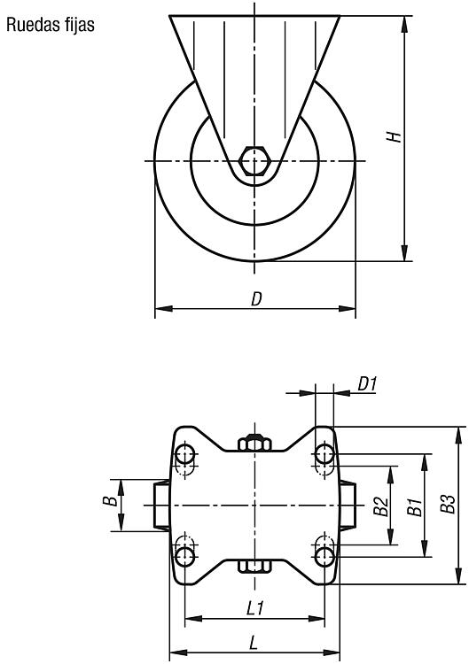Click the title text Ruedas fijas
50,25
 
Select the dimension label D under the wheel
256,299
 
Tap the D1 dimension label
367,384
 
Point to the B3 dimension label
447,504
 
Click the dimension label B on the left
110,501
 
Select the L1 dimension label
255,608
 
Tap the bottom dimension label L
254,644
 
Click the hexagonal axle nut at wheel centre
254,161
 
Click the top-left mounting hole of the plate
185,454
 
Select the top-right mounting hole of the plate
324,454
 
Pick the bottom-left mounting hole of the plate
185,556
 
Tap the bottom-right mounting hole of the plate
324,556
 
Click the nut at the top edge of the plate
254,443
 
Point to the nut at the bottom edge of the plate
254,567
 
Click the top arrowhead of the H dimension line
405,24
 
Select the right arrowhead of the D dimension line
347,308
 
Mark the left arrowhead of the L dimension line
178,652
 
